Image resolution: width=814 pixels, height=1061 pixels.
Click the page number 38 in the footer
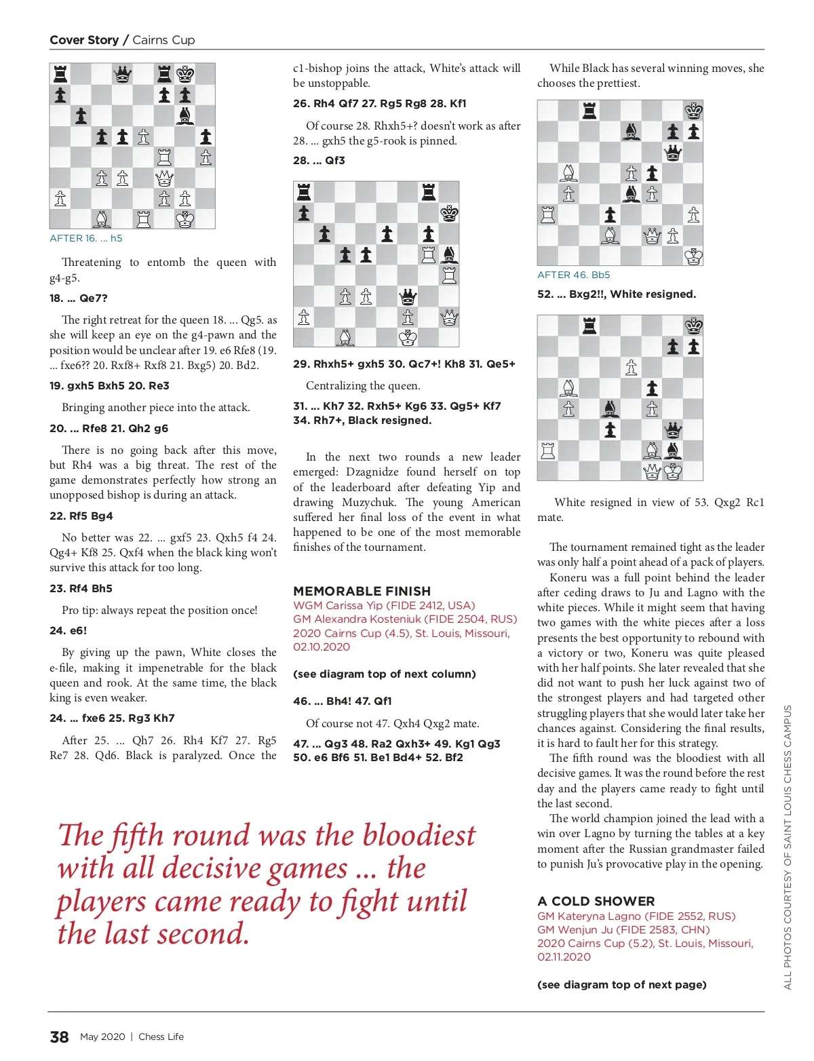click(x=59, y=1037)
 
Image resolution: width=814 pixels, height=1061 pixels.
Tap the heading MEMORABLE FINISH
click(x=362, y=591)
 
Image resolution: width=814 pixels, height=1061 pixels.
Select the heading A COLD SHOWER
click(x=596, y=901)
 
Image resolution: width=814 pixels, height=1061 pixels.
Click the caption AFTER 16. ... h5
click(x=86, y=238)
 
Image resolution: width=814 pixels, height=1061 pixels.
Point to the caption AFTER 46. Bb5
click(x=573, y=275)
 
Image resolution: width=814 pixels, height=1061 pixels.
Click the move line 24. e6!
click(x=68, y=630)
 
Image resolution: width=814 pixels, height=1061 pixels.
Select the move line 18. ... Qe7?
click(x=78, y=298)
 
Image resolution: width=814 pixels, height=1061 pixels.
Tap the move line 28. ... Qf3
click(x=319, y=161)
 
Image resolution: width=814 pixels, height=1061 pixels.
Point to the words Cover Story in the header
click(x=84, y=40)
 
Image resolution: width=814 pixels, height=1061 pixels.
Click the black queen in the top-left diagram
click(x=123, y=74)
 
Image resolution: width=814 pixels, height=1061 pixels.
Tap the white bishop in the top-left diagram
click(x=102, y=219)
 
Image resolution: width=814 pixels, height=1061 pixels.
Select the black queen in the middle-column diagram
click(x=408, y=296)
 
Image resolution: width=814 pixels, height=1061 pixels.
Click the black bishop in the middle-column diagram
click(x=449, y=255)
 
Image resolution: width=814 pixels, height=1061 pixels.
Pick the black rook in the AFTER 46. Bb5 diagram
click(x=589, y=111)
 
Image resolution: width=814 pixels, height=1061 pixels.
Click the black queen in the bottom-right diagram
click(x=672, y=430)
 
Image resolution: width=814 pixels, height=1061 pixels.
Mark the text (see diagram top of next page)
click(x=621, y=984)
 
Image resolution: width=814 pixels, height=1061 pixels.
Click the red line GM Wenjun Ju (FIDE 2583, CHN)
click(x=623, y=929)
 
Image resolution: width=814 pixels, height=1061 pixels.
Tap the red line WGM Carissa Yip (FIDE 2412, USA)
click(x=384, y=605)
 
